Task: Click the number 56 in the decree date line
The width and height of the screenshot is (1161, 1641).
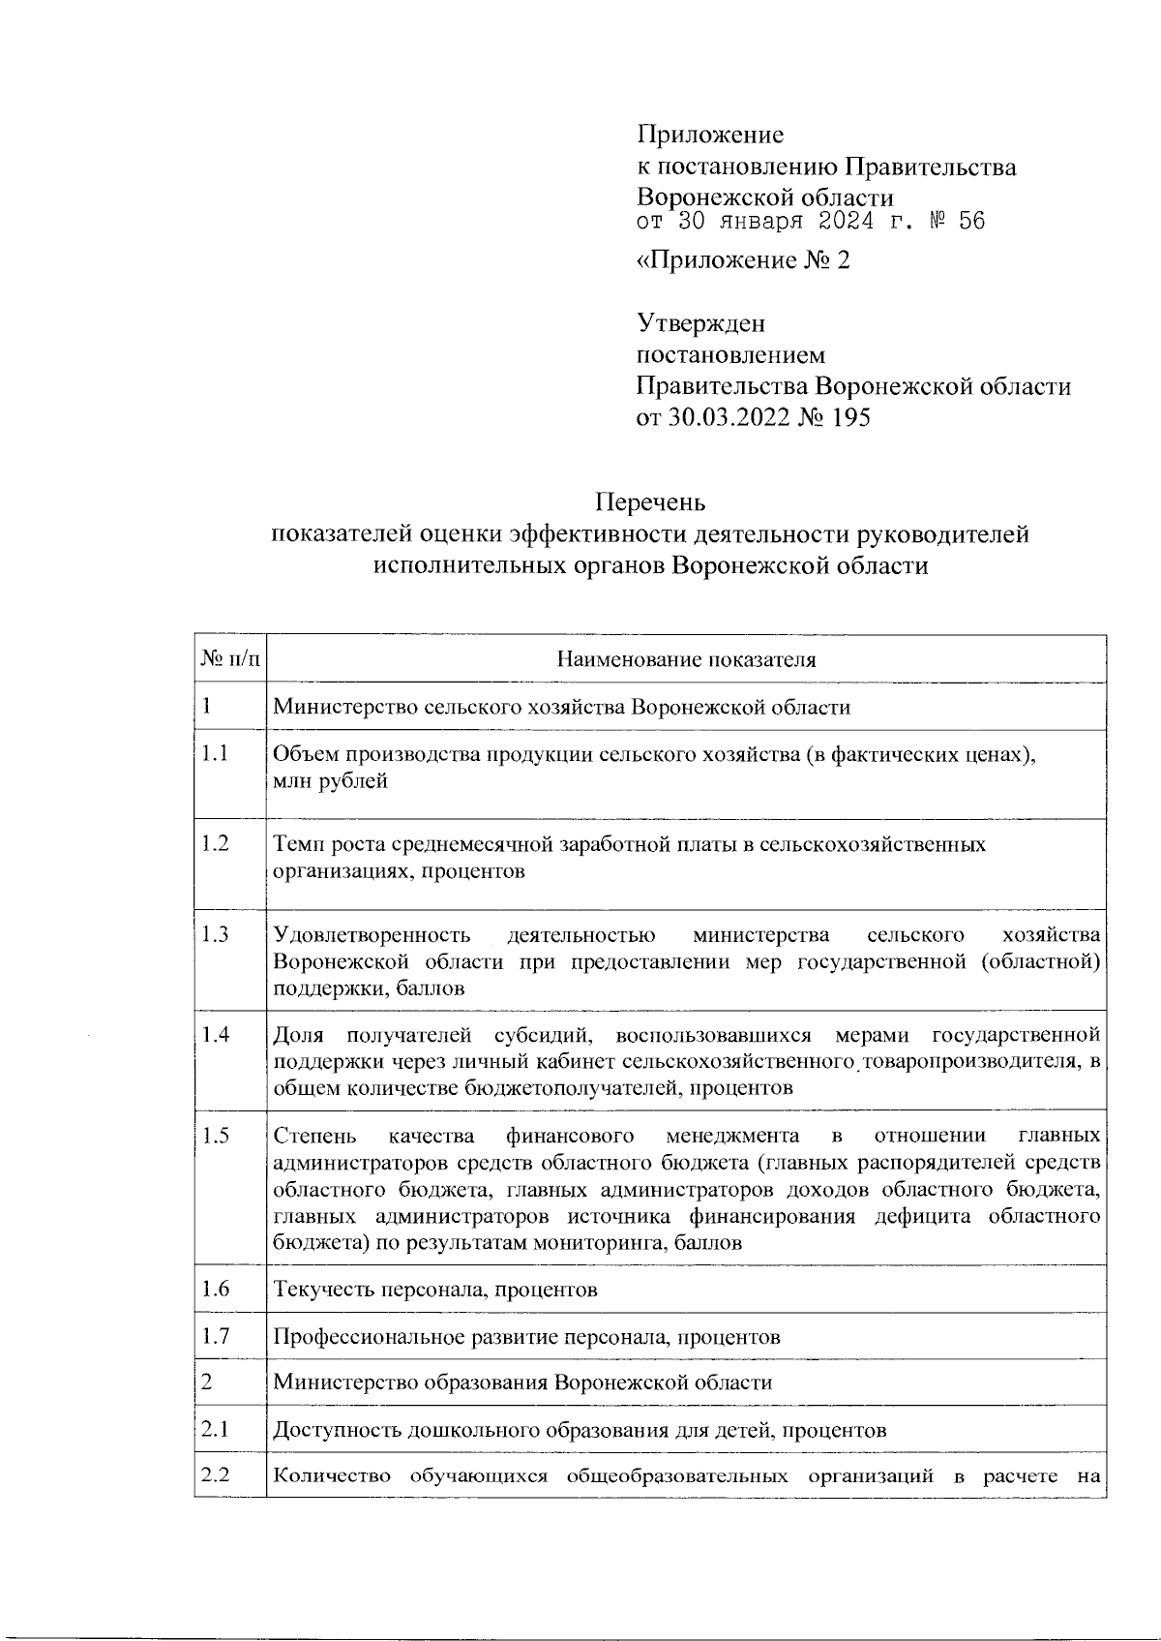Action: (971, 222)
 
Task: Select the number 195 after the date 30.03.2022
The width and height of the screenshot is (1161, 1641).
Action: (849, 418)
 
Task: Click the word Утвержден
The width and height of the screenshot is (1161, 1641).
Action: (700, 323)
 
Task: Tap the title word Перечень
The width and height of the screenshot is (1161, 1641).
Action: (650, 502)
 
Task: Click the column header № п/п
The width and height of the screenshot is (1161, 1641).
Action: (230, 660)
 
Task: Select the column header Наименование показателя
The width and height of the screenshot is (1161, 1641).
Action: (686, 660)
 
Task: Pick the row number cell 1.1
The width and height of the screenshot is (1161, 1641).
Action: (215, 754)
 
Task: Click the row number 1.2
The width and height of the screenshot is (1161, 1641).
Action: (216, 843)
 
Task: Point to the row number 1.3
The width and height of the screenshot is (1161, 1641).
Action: (216, 934)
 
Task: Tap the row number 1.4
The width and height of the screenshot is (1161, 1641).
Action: (216, 1034)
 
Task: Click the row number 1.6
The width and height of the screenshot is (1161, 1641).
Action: (216, 1289)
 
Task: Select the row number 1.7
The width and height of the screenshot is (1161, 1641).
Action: (216, 1336)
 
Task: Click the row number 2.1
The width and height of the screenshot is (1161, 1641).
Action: (215, 1429)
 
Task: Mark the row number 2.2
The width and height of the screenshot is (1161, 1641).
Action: (216, 1475)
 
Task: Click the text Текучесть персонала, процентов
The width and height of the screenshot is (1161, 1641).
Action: (435, 1290)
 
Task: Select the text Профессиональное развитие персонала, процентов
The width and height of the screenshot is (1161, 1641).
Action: (526, 1337)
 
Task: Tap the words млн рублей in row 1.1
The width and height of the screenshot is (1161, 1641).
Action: (331, 781)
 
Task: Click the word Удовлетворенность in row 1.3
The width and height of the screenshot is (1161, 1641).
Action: (372, 935)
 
